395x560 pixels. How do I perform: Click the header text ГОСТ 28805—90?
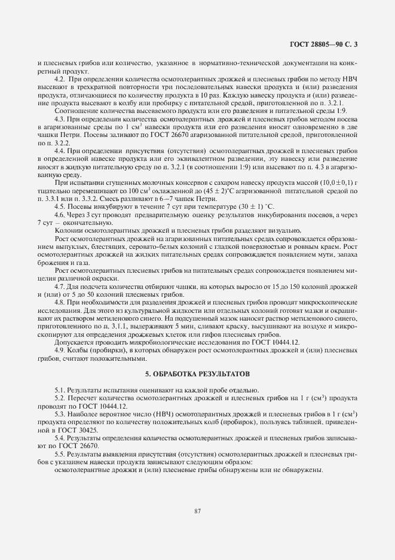click(x=325, y=44)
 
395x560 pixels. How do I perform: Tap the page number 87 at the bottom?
click(x=197, y=510)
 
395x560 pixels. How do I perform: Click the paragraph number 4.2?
click(x=60, y=80)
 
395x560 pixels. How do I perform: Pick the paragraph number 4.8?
click(x=60, y=302)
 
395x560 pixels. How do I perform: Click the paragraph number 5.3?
click(x=60, y=414)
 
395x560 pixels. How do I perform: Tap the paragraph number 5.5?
click(x=60, y=454)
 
